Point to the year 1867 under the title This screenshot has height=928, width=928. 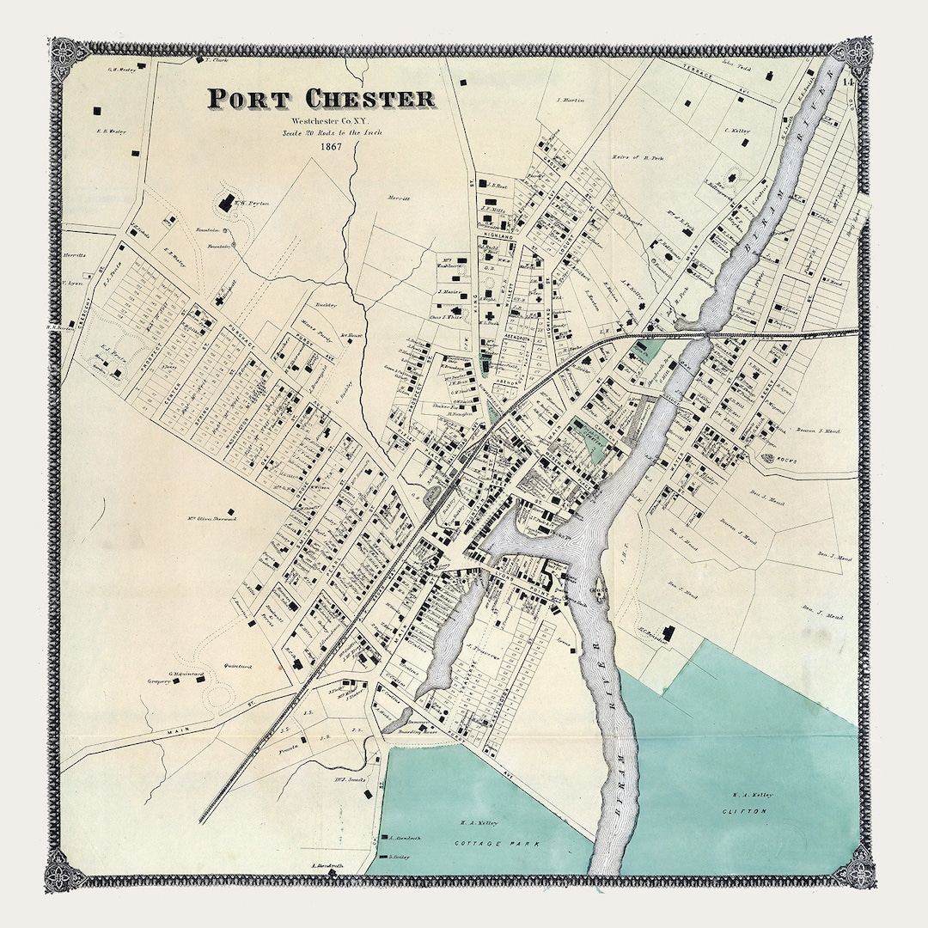point(331,145)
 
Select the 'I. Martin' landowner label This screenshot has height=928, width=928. point(570,100)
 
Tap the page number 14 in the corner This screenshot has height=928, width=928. point(847,83)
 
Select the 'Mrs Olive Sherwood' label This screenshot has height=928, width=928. point(211,518)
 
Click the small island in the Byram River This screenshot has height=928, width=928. point(597,592)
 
